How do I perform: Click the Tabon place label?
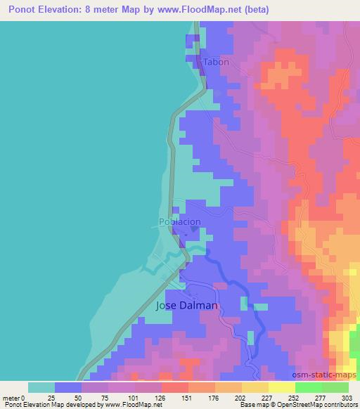(x=217, y=62)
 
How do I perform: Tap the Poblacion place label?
(x=180, y=221)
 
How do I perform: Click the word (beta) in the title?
(x=257, y=9)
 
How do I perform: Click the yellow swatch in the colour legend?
(x=281, y=387)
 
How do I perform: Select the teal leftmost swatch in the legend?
(x=42, y=387)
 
